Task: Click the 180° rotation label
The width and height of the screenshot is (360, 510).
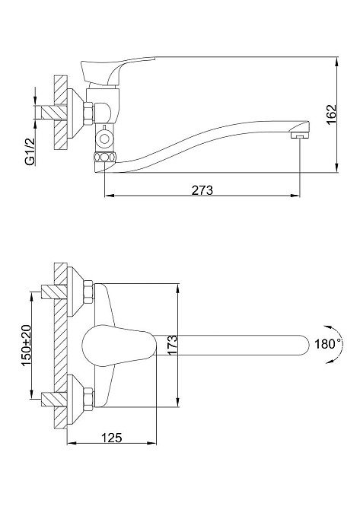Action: [326, 343]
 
